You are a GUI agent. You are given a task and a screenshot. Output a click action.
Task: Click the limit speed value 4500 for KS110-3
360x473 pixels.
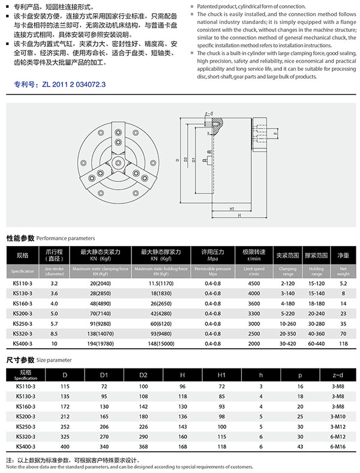[x=254, y=282]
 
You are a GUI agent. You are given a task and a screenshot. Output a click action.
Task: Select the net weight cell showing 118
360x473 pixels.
[x=343, y=343]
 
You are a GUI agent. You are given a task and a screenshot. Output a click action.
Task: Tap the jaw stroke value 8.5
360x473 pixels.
[x=54, y=333]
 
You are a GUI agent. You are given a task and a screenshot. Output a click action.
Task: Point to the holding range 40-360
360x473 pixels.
[x=317, y=333]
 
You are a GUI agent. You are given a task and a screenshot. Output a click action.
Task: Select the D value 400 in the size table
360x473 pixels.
[x=65, y=447]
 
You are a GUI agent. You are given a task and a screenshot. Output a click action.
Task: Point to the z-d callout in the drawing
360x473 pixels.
[x=209, y=113]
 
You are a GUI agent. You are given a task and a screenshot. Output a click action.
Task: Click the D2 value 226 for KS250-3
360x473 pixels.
[x=143, y=426]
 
